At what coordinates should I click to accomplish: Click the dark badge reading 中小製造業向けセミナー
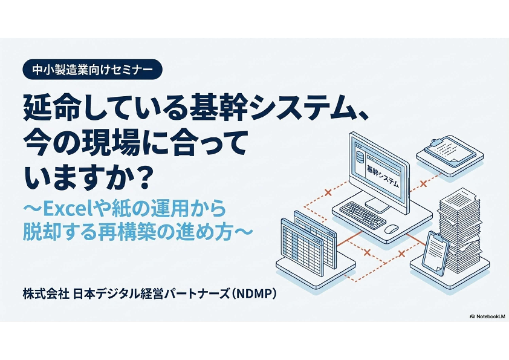tap(92, 70)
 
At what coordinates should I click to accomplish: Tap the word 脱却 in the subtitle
tap(41, 232)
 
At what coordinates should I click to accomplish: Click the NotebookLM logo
tap(487, 316)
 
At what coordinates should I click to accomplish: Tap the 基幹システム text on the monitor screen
tap(383, 175)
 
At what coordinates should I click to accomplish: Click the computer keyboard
tap(362, 214)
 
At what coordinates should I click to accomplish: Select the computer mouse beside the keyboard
tap(392, 229)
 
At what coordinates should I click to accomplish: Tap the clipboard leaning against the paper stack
tap(436, 254)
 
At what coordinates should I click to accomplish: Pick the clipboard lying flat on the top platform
tap(450, 151)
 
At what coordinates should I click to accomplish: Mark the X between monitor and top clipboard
tap(423, 184)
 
